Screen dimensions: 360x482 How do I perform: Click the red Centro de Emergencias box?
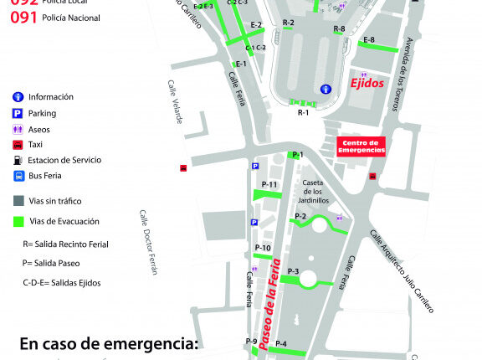click(360, 147)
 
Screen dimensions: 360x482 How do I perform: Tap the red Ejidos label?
click(367, 85)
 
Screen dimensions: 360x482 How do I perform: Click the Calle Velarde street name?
click(175, 102)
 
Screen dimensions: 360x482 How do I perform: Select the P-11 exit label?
click(269, 184)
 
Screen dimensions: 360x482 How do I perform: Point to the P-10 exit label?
click(262, 248)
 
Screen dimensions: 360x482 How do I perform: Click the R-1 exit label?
click(303, 111)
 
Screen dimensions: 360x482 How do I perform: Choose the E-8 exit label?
click(368, 39)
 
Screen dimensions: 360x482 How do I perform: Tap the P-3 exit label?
click(293, 271)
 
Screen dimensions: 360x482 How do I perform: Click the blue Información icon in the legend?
click(18, 96)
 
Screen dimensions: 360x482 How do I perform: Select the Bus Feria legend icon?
click(18, 176)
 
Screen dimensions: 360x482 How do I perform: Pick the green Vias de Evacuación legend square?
click(18, 221)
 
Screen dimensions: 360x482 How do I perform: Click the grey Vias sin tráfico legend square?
click(18, 200)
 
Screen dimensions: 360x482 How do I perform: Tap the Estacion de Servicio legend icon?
click(18, 160)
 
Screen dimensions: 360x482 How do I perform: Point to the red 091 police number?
click(23, 16)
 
